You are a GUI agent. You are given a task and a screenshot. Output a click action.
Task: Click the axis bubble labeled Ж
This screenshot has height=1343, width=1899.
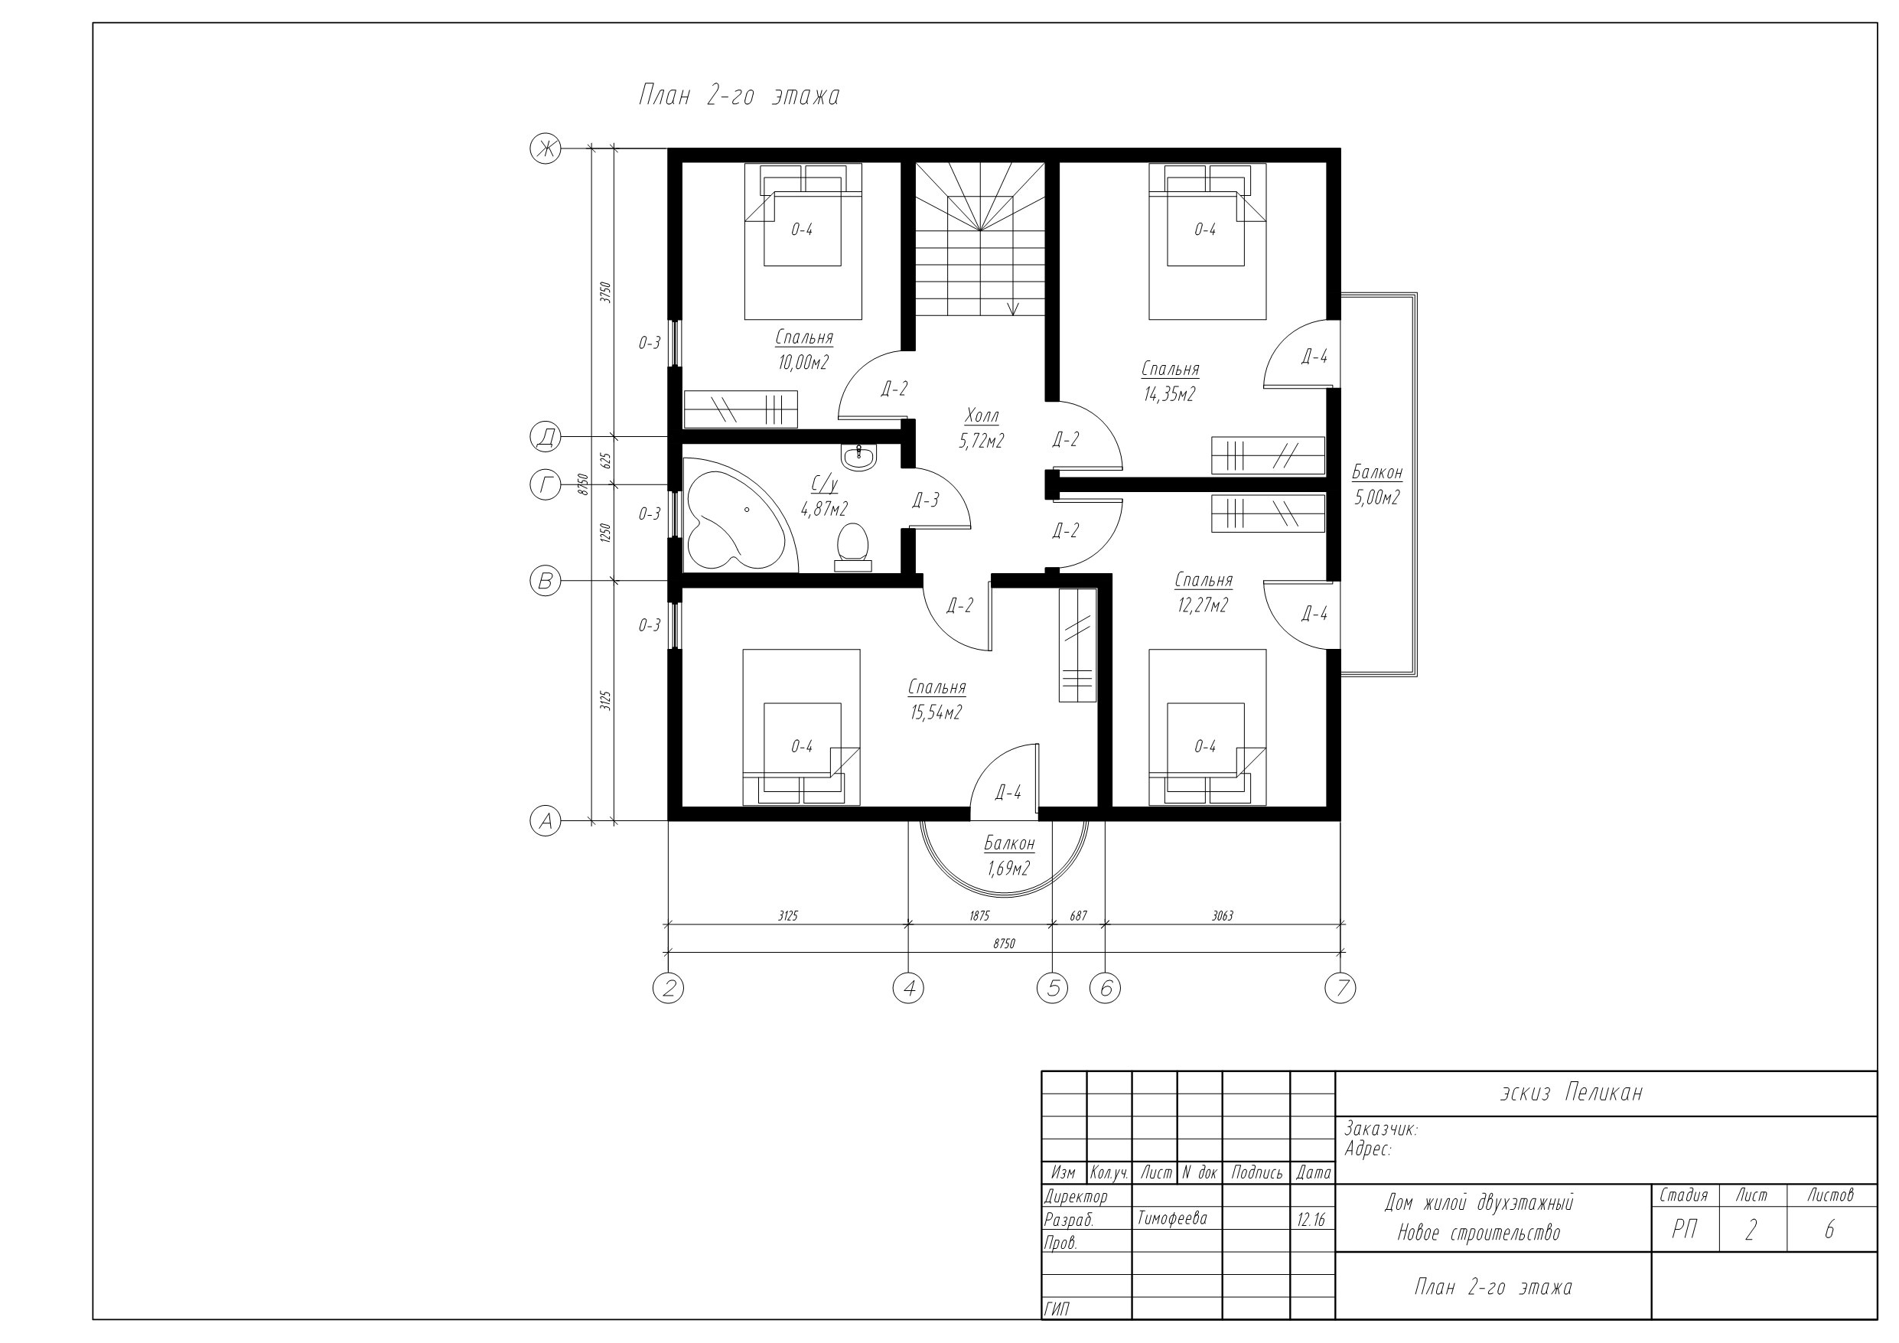545,149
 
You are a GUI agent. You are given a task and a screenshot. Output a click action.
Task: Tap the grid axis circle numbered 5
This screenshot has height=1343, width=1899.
1052,988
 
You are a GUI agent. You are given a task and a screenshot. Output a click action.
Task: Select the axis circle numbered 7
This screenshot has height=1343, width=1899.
1340,988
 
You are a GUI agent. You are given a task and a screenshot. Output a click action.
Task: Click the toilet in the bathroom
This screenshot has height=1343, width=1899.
853,548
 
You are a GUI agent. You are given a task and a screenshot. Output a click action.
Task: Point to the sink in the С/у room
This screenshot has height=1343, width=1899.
858,457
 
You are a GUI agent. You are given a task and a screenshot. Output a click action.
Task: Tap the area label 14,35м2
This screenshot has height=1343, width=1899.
1170,395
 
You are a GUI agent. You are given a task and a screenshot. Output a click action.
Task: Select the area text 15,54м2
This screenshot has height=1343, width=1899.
936,712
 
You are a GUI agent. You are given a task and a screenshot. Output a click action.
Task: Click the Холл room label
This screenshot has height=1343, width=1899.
982,416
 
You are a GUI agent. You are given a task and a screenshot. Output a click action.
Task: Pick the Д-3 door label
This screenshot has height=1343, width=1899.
926,500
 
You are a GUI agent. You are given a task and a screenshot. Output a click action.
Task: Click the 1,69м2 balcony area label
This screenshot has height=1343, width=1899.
1008,869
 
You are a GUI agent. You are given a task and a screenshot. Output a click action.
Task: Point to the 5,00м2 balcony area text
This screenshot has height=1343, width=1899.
1377,498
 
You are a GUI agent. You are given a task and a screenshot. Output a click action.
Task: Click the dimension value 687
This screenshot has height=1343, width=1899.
1079,916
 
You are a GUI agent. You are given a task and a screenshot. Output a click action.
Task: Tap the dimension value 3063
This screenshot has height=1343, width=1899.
1223,916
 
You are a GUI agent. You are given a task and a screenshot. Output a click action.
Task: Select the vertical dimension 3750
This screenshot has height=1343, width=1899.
605,292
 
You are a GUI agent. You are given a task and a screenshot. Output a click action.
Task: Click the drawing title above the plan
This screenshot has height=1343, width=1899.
738,96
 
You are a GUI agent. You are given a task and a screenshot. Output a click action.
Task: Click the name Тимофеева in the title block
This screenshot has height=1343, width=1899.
1172,1219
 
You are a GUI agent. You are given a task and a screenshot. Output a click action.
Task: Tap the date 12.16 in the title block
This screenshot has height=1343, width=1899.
1311,1220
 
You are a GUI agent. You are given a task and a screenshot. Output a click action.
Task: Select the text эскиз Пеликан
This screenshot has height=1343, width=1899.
1572,1093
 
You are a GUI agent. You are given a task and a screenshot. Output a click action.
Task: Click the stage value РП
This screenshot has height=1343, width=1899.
1684,1231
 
